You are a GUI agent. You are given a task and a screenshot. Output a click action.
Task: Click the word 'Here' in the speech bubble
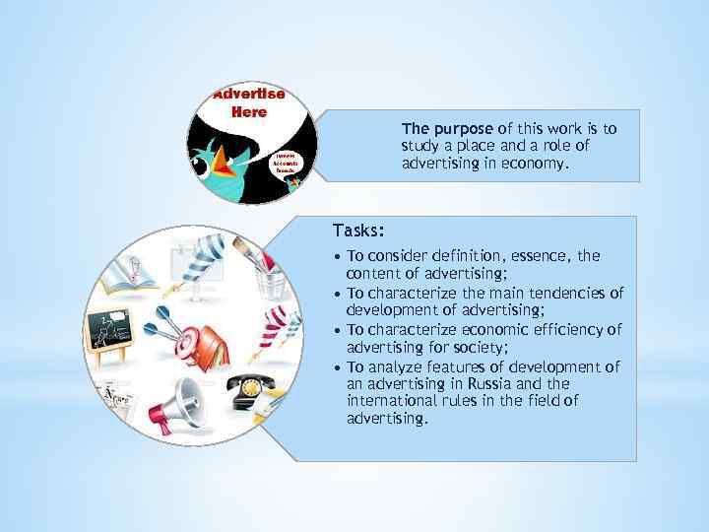[249, 111]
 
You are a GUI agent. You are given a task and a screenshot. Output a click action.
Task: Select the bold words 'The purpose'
[448, 129]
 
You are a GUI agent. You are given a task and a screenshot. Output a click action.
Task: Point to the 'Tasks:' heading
[358, 231]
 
